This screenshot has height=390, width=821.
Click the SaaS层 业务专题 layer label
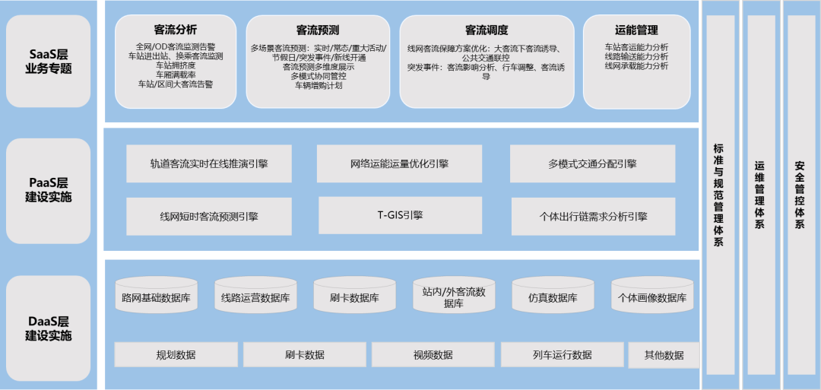pos(48,62)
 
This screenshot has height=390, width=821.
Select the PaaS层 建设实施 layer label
pos(48,191)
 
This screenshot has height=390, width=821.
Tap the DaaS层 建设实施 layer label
pos(48,328)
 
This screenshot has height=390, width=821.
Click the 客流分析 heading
pos(176,30)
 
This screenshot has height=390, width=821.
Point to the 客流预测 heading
pos(318,30)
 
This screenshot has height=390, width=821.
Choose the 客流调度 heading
pos(487,30)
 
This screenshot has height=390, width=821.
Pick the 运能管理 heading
pos(636,30)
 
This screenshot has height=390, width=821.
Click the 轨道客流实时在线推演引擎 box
pos(209,164)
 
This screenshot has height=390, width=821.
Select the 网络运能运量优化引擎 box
pos(400,164)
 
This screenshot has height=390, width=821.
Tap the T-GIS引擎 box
pos(401,215)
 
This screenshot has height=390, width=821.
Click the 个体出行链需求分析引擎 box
pos(593,216)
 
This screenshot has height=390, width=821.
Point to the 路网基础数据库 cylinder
pos(156,295)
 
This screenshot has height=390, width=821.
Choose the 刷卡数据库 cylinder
pos(354,295)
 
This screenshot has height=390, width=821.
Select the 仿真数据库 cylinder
pos(553,295)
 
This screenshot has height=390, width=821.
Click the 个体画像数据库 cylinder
pos(652,295)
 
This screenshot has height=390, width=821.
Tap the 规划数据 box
pos(176,354)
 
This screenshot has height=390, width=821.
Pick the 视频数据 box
pos(433,354)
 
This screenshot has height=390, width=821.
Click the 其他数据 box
pos(664,355)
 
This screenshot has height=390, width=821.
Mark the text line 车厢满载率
pos(176,75)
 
